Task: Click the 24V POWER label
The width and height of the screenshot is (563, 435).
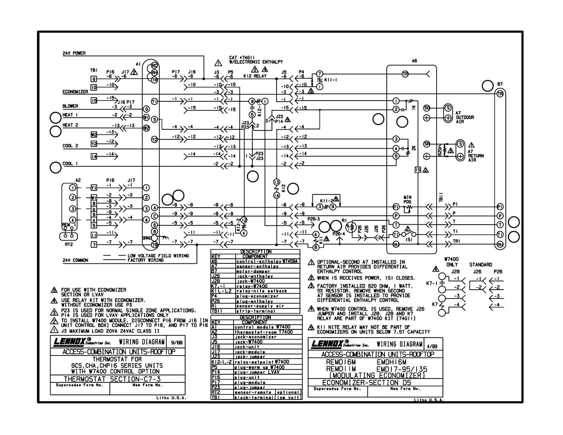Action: [x=74, y=53]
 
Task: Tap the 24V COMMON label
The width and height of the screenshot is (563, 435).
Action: [x=75, y=260]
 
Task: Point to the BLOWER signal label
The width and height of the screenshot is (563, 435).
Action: [x=70, y=106]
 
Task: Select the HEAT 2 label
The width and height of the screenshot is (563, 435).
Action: [x=70, y=125]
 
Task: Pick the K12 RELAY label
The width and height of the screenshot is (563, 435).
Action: [x=255, y=76]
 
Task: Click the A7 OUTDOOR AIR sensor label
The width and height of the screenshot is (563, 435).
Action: [x=465, y=117]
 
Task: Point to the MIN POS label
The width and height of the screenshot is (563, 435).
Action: [x=407, y=200]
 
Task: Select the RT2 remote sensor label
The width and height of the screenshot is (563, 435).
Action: [x=69, y=245]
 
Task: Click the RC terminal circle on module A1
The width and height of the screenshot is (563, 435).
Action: [x=155, y=66]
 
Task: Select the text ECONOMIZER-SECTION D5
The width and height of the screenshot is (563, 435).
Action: [x=366, y=383]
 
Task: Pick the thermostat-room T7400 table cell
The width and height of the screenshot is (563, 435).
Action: [x=263, y=332]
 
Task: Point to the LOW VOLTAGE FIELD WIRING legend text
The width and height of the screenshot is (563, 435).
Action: [x=158, y=256]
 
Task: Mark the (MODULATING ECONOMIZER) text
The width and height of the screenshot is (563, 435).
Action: [x=377, y=376]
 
